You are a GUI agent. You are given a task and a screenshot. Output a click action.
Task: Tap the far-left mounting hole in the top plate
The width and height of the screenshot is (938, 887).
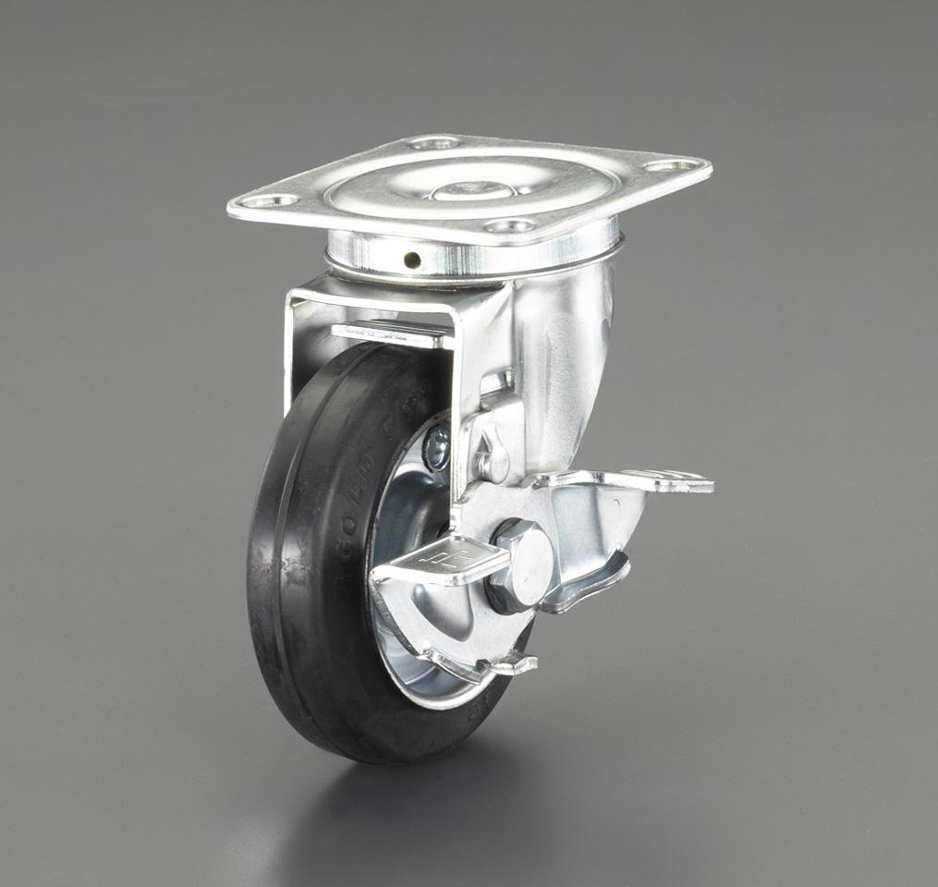274,200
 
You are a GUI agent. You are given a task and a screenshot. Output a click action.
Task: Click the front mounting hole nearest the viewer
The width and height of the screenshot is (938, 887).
510,225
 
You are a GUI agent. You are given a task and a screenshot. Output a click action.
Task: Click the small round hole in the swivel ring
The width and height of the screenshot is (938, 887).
412,260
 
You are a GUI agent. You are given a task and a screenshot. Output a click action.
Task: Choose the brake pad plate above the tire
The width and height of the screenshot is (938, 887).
388,333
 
